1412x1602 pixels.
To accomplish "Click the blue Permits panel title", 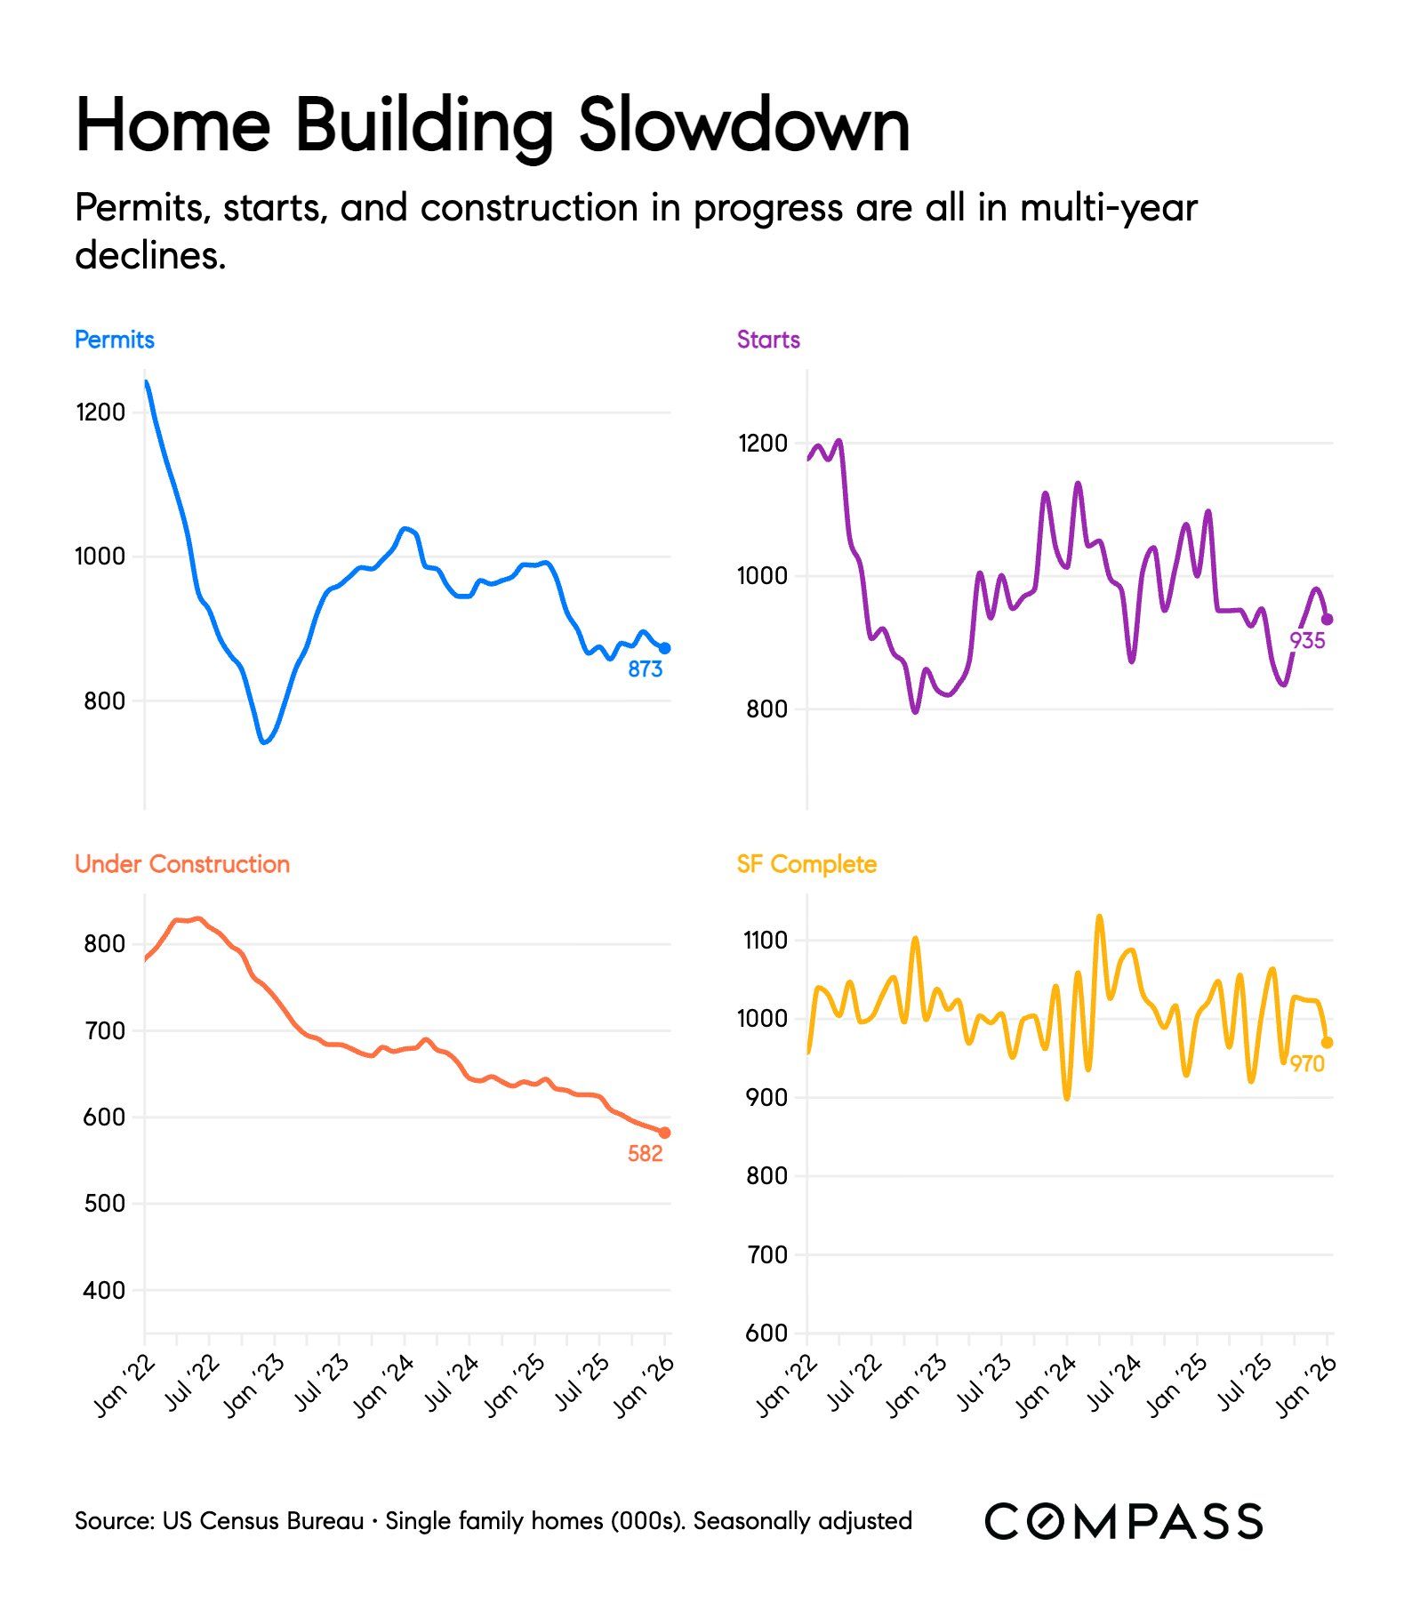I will [114, 340].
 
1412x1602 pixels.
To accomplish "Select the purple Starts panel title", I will [768, 340].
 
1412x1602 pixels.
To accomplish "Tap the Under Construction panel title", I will [182, 864].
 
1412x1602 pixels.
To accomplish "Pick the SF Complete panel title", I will [806, 864].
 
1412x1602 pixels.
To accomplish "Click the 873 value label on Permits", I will [645, 669].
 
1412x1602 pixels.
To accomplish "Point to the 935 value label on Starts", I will [1307, 641].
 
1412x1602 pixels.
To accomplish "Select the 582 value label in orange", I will [645, 1154].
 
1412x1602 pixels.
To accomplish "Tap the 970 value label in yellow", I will [1307, 1064].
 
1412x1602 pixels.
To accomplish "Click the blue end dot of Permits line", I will [664, 648].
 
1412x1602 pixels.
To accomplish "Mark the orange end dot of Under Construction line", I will [664, 1133].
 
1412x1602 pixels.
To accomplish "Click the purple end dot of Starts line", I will [1328, 620].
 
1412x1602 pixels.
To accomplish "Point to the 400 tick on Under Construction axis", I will [104, 1290].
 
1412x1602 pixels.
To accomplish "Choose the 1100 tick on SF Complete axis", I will [765, 941].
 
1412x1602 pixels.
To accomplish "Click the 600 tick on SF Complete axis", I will [766, 1334].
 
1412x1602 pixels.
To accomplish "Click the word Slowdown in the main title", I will [744, 125].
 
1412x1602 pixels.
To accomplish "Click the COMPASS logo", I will [1123, 1521].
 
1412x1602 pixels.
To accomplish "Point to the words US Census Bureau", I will [263, 1521].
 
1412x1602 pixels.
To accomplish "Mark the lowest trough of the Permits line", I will [264, 741].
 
